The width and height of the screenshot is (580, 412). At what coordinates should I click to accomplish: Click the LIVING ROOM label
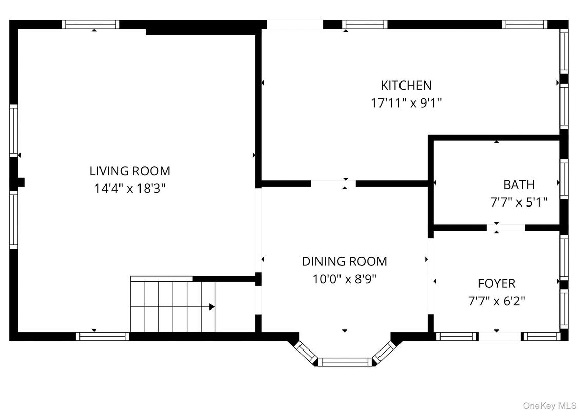tap(130, 171)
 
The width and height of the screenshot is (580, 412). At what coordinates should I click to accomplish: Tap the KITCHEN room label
tap(406, 85)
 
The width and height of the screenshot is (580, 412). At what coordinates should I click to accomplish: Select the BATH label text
tap(518, 184)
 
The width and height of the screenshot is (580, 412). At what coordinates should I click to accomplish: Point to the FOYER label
tap(496, 283)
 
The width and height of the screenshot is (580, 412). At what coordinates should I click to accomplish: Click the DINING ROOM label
tap(344, 261)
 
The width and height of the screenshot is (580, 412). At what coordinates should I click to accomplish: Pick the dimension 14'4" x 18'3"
tap(130, 189)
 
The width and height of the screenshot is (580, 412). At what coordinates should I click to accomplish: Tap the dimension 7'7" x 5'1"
tap(518, 202)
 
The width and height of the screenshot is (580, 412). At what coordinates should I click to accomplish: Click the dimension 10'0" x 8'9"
tap(344, 279)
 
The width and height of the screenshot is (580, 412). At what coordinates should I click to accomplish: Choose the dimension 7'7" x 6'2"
tap(496, 301)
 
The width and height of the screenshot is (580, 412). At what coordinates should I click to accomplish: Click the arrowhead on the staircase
tap(211, 307)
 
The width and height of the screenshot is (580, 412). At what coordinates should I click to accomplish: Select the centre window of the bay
tap(344, 362)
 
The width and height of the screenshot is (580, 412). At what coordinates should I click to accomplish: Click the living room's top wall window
tap(91, 24)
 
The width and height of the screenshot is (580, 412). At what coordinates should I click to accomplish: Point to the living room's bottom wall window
tap(103, 336)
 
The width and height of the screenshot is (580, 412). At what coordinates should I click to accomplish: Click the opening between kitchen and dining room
tap(333, 183)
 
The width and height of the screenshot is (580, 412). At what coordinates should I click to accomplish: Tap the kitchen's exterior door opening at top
tap(294, 24)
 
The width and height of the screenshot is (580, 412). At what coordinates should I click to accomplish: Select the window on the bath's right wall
tap(564, 179)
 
